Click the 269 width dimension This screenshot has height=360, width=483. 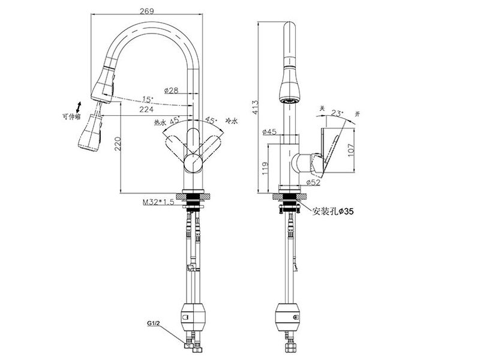pos(146,11)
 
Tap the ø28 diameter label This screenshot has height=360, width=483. pos(171,90)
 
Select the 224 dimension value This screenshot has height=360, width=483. pos(146,109)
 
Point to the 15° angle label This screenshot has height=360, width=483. pos(148,100)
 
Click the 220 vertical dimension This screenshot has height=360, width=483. pos(118,144)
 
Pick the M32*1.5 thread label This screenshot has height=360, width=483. pos(158,202)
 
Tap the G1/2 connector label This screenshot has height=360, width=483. pos(154,323)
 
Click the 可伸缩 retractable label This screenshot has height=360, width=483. pos(71,117)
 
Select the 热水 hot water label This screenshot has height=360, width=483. pos(160,122)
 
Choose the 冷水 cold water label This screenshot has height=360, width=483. pos(232,121)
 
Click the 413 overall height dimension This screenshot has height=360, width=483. pos(256,107)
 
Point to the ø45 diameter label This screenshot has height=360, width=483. pos(269,132)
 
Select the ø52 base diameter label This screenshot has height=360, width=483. pos(314,182)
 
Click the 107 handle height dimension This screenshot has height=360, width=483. pos(351,150)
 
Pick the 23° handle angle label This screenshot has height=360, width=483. pos(337,113)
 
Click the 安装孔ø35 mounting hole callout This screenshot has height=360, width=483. pos(333,211)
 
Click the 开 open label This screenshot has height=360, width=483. pos(358,114)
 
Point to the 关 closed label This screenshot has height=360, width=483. pos(322,108)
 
